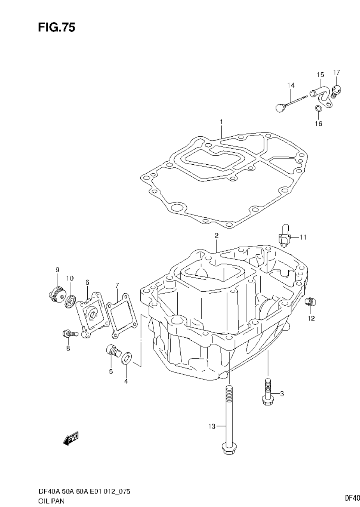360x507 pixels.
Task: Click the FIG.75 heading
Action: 56,27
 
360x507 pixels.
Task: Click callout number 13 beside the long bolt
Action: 211,426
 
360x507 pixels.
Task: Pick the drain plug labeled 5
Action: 113,351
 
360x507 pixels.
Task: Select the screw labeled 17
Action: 337,91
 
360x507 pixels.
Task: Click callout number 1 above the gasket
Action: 221,122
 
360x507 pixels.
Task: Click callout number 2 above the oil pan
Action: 216,236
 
